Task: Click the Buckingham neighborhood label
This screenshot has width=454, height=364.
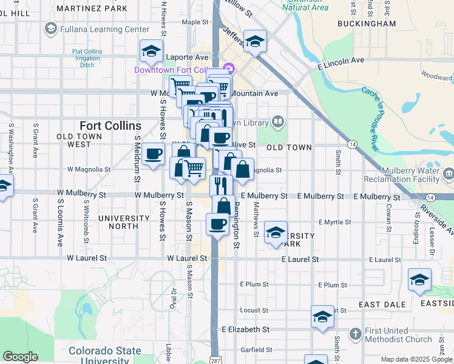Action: point(368,24)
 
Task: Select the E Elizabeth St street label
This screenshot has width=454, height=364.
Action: point(245,329)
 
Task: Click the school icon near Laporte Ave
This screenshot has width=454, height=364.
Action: point(151,51)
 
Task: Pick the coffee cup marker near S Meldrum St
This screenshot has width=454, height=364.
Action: point(153,153)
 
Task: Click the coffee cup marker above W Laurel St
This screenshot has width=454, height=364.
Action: point(217,224)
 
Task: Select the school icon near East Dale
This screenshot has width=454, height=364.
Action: point(419,279)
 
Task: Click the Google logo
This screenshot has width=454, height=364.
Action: point(20,357)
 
